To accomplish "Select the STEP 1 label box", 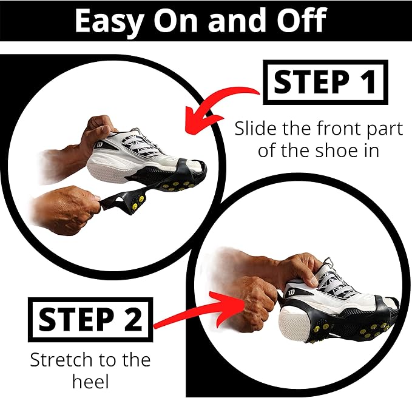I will pyautogui.click(x=325, y=83).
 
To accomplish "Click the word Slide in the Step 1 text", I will pyautogui.click(x=251, y=129).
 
